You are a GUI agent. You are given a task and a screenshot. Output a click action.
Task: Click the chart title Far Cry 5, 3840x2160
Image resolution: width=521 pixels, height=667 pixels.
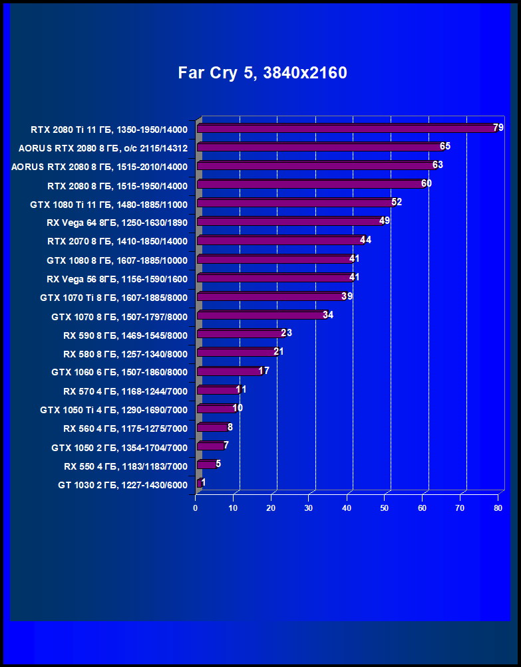(262, 73)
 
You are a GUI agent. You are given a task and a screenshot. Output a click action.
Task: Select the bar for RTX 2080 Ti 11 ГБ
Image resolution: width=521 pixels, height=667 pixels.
(346, 128)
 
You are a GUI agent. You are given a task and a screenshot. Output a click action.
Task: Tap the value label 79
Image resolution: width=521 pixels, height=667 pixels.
(498, 128)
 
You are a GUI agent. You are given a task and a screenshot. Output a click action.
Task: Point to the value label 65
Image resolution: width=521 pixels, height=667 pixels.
(445, 146)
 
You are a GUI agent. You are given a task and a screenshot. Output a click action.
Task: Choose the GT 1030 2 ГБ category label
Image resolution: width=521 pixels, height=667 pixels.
(122, 485)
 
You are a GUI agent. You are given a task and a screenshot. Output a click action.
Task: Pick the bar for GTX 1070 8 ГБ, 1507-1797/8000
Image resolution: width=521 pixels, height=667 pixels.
(260, 315)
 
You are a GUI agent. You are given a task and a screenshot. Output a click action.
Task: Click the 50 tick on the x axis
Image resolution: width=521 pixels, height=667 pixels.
(385, 508)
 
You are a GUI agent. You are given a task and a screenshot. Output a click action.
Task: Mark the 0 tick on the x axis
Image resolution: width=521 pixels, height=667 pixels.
(196, 508)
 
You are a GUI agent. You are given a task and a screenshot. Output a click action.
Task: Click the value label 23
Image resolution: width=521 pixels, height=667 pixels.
(287, 333)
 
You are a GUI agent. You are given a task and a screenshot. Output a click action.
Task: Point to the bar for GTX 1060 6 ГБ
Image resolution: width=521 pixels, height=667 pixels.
(229, 371)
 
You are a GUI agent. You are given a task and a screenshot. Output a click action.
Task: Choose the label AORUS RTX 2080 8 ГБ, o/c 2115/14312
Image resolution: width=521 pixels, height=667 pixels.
(103, 147)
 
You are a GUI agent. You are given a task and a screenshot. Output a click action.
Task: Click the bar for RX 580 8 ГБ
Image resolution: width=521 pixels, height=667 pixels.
(236, 352)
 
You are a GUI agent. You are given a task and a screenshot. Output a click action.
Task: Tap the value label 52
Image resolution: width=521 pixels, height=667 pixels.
(397, 202)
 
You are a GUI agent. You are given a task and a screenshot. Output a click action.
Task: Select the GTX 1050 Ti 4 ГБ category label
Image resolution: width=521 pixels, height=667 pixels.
(114, 410)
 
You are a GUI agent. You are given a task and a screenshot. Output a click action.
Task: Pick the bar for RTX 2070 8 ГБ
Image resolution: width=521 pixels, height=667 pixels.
(279, 240)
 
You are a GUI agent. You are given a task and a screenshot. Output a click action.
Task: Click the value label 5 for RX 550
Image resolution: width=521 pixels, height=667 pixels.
(218, 464)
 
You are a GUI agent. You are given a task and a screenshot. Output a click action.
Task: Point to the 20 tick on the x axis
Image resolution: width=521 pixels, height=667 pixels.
(271, 508)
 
